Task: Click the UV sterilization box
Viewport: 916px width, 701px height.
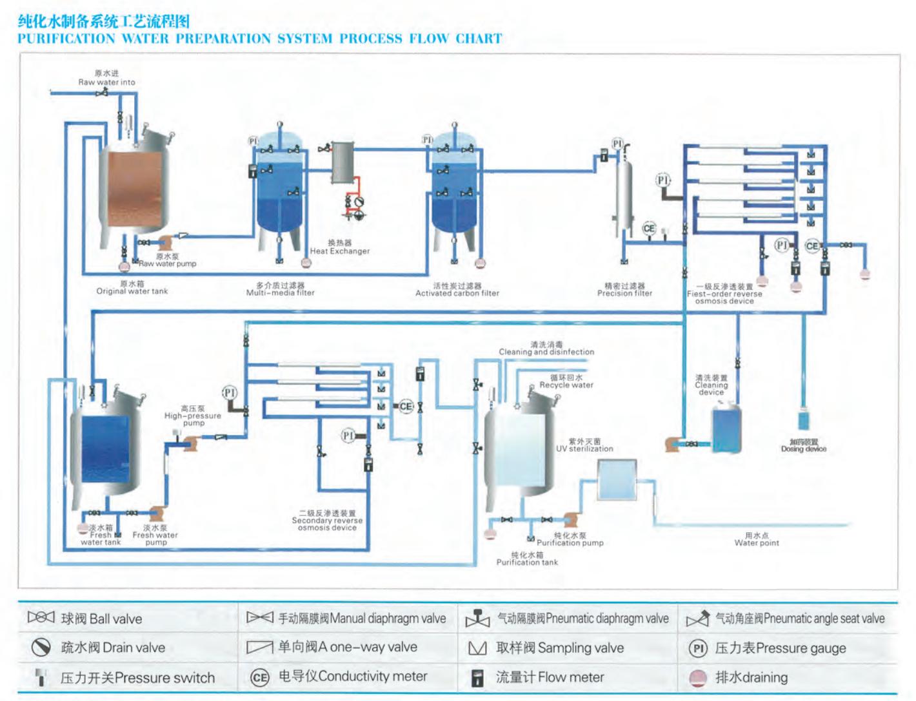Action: point(617,479)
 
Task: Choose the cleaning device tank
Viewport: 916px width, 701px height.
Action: point(726,429)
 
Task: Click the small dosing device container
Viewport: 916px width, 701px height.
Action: point(803,420)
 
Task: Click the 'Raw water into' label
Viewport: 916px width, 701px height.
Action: point(106,82)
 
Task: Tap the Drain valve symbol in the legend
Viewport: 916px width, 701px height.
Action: point(41,647)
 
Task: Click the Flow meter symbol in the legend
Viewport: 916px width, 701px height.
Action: point(478,677)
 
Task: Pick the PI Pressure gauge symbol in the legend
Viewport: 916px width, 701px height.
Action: point(697,648)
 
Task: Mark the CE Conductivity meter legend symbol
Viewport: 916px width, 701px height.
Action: point(259,677)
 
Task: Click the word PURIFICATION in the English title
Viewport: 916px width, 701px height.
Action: point(66,39)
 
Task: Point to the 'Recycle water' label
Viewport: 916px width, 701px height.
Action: point(566,385)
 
